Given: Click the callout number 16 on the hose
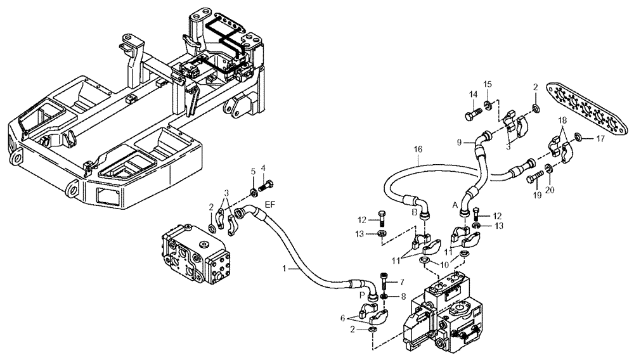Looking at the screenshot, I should pos(417,151).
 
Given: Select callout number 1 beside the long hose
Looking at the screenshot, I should pos(287,269).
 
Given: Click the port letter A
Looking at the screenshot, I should pos(455,206).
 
